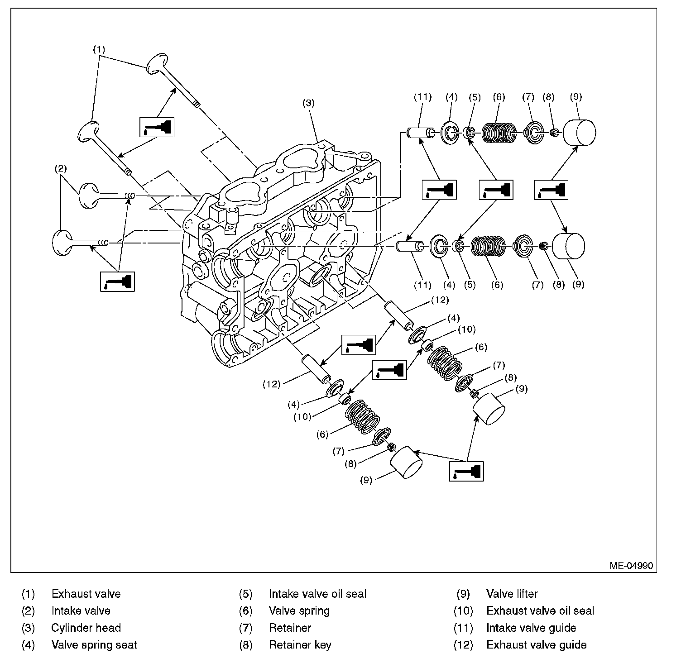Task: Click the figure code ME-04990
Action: coord(631,566)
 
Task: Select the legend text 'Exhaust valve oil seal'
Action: coord(540,611)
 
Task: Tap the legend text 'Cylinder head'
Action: coord(86,628)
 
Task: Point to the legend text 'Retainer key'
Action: coord(300,645)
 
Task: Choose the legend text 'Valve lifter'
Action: coord(512,593)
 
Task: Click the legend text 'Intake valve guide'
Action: coord(531,628)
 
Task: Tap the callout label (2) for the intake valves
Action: coord(61,169)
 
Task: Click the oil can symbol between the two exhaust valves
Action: coord(157,126)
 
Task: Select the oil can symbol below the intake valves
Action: coord(117,282)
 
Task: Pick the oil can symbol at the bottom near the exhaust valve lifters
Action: coord(466,471)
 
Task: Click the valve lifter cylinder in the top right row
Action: coord(579,133)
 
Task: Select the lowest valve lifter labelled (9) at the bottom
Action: coord(406,462)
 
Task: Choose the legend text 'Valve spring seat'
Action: coord(94,645)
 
